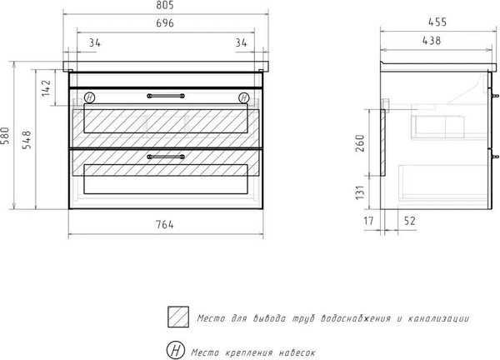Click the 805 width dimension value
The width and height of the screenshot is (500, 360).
coord(165,5)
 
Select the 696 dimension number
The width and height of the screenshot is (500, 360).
coord(165,23)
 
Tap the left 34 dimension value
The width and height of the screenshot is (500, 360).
coord(94,42)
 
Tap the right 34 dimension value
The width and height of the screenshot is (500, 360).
coord(241,42)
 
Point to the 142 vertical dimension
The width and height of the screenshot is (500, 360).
coord(46,88)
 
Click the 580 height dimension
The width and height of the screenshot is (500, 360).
coord(5,136)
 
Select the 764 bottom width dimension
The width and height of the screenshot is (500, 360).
coord(165,225)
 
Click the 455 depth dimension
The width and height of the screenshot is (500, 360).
coord(437,22)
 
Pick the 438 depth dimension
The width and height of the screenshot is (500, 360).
coord(432,41)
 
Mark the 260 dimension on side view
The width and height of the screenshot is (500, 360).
coord(360,143)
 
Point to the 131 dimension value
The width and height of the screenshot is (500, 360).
coord(360,192)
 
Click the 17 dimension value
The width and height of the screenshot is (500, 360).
coord(368,221)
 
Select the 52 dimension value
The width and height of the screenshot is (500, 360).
coord(410,221)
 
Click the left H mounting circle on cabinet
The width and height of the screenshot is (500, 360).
coord(90,97)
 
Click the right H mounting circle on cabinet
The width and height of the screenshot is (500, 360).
coord(244,97)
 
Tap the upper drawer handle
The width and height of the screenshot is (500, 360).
coord(166,96)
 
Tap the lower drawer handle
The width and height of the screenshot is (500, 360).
coord(166,157)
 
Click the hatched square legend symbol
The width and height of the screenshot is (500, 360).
coord(178,317)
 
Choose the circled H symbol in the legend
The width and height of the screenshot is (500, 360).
coord(176,350)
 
